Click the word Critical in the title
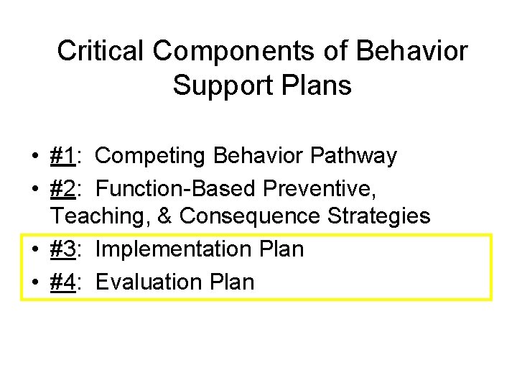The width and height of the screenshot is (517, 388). [x=101, y=51]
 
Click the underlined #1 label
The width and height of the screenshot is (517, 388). [x=65, y=156]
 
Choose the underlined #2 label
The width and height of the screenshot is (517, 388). [x=65, y=188]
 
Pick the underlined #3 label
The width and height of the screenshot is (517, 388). [x=65, y=249]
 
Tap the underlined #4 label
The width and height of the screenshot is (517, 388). [x=65, y=282]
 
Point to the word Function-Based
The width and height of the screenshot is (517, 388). [x=180, y=188]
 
